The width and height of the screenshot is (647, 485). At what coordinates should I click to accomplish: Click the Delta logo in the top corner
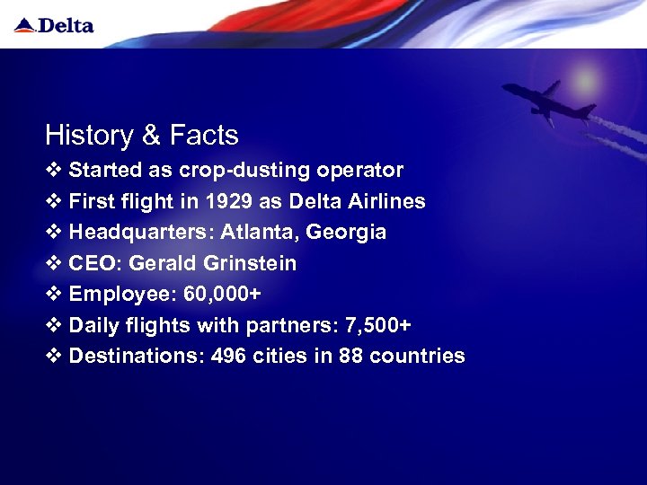[54, 25]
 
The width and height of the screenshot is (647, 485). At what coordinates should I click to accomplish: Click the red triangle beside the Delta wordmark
[24, 25]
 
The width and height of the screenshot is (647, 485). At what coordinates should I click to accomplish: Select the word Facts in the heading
[204, 136]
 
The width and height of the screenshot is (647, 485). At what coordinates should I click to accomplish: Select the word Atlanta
[253, 233]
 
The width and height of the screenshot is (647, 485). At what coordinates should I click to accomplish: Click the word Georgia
[346, 233]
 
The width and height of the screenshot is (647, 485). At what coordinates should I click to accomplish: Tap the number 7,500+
[375, 325]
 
